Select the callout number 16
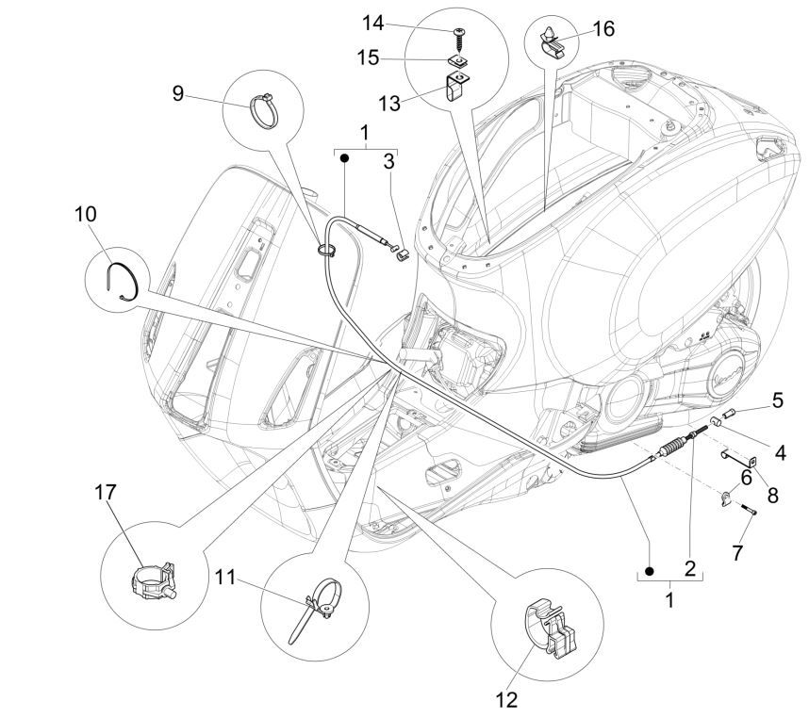click(x=603, y=29)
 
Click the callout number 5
click(x=778, y=400)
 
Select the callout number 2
click(x=688, y=568)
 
